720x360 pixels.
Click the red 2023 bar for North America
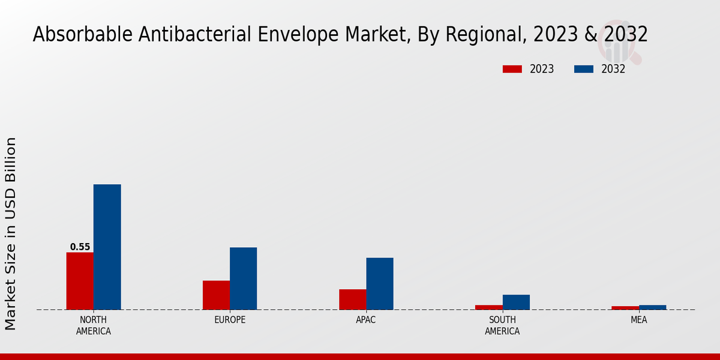tap(80, 281)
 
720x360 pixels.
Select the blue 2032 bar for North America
tap(107, 247)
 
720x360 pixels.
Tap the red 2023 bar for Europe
tap(216, 295)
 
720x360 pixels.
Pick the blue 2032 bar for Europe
tap(243, 278)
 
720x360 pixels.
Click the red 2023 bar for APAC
tap(353, 299)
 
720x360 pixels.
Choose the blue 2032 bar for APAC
tap(380, 284)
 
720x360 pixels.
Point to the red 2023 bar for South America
tap(489, 307)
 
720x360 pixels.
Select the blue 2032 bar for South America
tap(516, 302)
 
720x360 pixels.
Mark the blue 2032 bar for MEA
tap(653, 307)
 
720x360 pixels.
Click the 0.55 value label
tap(80, 247)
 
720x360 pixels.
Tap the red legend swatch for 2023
tap(512, 69)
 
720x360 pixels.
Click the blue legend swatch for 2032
tap(583, 69)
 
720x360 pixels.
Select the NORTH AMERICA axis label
tap(94, 325)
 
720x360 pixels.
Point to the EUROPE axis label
tap(230, 320)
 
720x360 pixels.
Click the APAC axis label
tap(366, 320)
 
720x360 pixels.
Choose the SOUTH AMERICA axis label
tap(502, 325)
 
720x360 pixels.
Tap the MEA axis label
tap(639, 320)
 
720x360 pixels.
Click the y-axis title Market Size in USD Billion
tap(11, 234)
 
